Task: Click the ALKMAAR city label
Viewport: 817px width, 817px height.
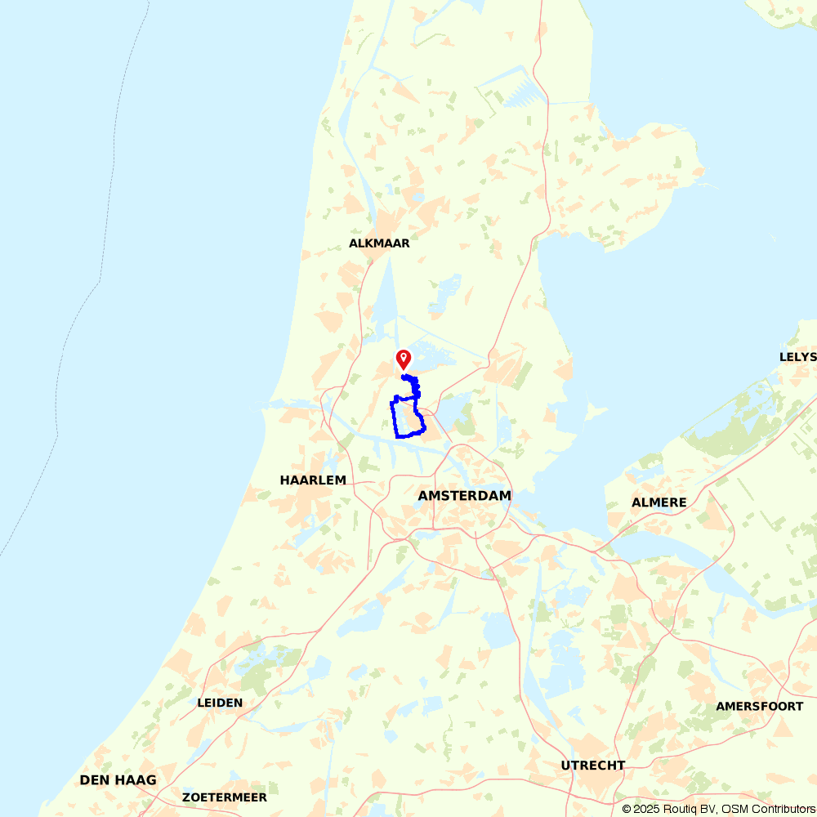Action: point(379,243)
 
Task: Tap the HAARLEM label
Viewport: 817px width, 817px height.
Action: point(313,480)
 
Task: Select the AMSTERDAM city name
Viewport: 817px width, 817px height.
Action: point(464,496)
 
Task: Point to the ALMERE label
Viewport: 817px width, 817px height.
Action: point(659,502)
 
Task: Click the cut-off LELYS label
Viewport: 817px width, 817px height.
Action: point(797,357)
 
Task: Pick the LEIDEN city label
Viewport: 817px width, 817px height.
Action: point(220,703)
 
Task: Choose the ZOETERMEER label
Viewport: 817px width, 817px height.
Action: point(225,797)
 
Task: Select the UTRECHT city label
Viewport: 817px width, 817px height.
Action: point(593,766)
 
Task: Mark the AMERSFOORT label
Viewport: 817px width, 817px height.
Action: point(760,706)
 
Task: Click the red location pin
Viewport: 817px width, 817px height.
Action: point(403,359)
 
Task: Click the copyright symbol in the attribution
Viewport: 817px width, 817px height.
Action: point(627,809)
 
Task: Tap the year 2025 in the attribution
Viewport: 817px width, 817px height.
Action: point(645,809)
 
